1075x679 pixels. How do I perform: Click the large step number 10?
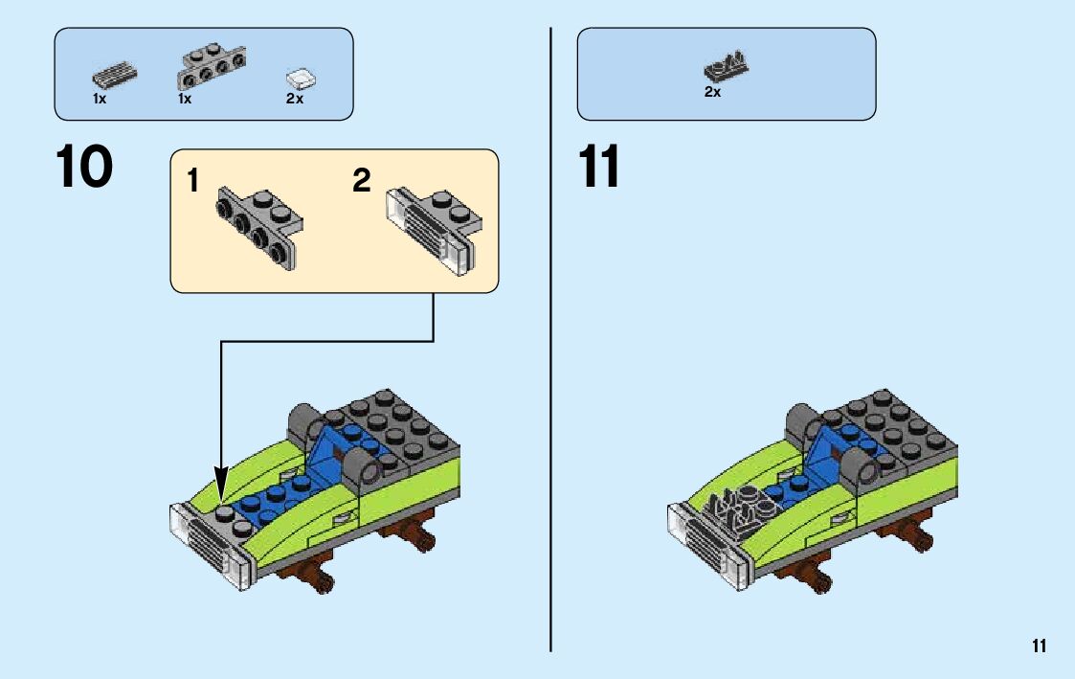pos(84,168)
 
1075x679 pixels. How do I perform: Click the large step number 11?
pos(599,168)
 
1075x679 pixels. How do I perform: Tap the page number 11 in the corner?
pos(1039,646)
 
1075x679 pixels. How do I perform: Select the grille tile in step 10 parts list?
pos(114,77)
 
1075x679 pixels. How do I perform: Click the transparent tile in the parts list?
pos(302,78)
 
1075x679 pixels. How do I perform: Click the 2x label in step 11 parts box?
pos(712,93)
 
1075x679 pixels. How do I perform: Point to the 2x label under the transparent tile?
pos(294,99)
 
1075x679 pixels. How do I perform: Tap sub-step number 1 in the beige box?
pos(194,181)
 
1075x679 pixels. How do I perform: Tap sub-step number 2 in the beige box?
pos(361,181)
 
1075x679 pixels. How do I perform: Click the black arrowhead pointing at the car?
pos(221,484)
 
